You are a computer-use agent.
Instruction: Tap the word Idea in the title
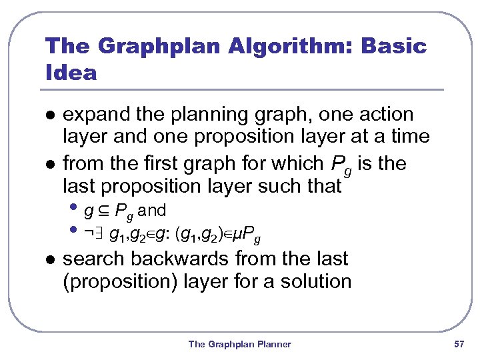click(71, 72)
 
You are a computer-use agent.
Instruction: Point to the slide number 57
click(458, 344)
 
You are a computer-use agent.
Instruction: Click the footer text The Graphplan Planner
click(239, 344)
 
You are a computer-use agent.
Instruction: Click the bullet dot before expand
click(49, 115)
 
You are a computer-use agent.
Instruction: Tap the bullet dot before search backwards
click(49, 259)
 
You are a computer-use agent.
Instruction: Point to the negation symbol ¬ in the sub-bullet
click(89, 234)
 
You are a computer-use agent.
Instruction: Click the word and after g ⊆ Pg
click(152, 211)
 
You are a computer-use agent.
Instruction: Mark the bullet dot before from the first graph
click(49, 164)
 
